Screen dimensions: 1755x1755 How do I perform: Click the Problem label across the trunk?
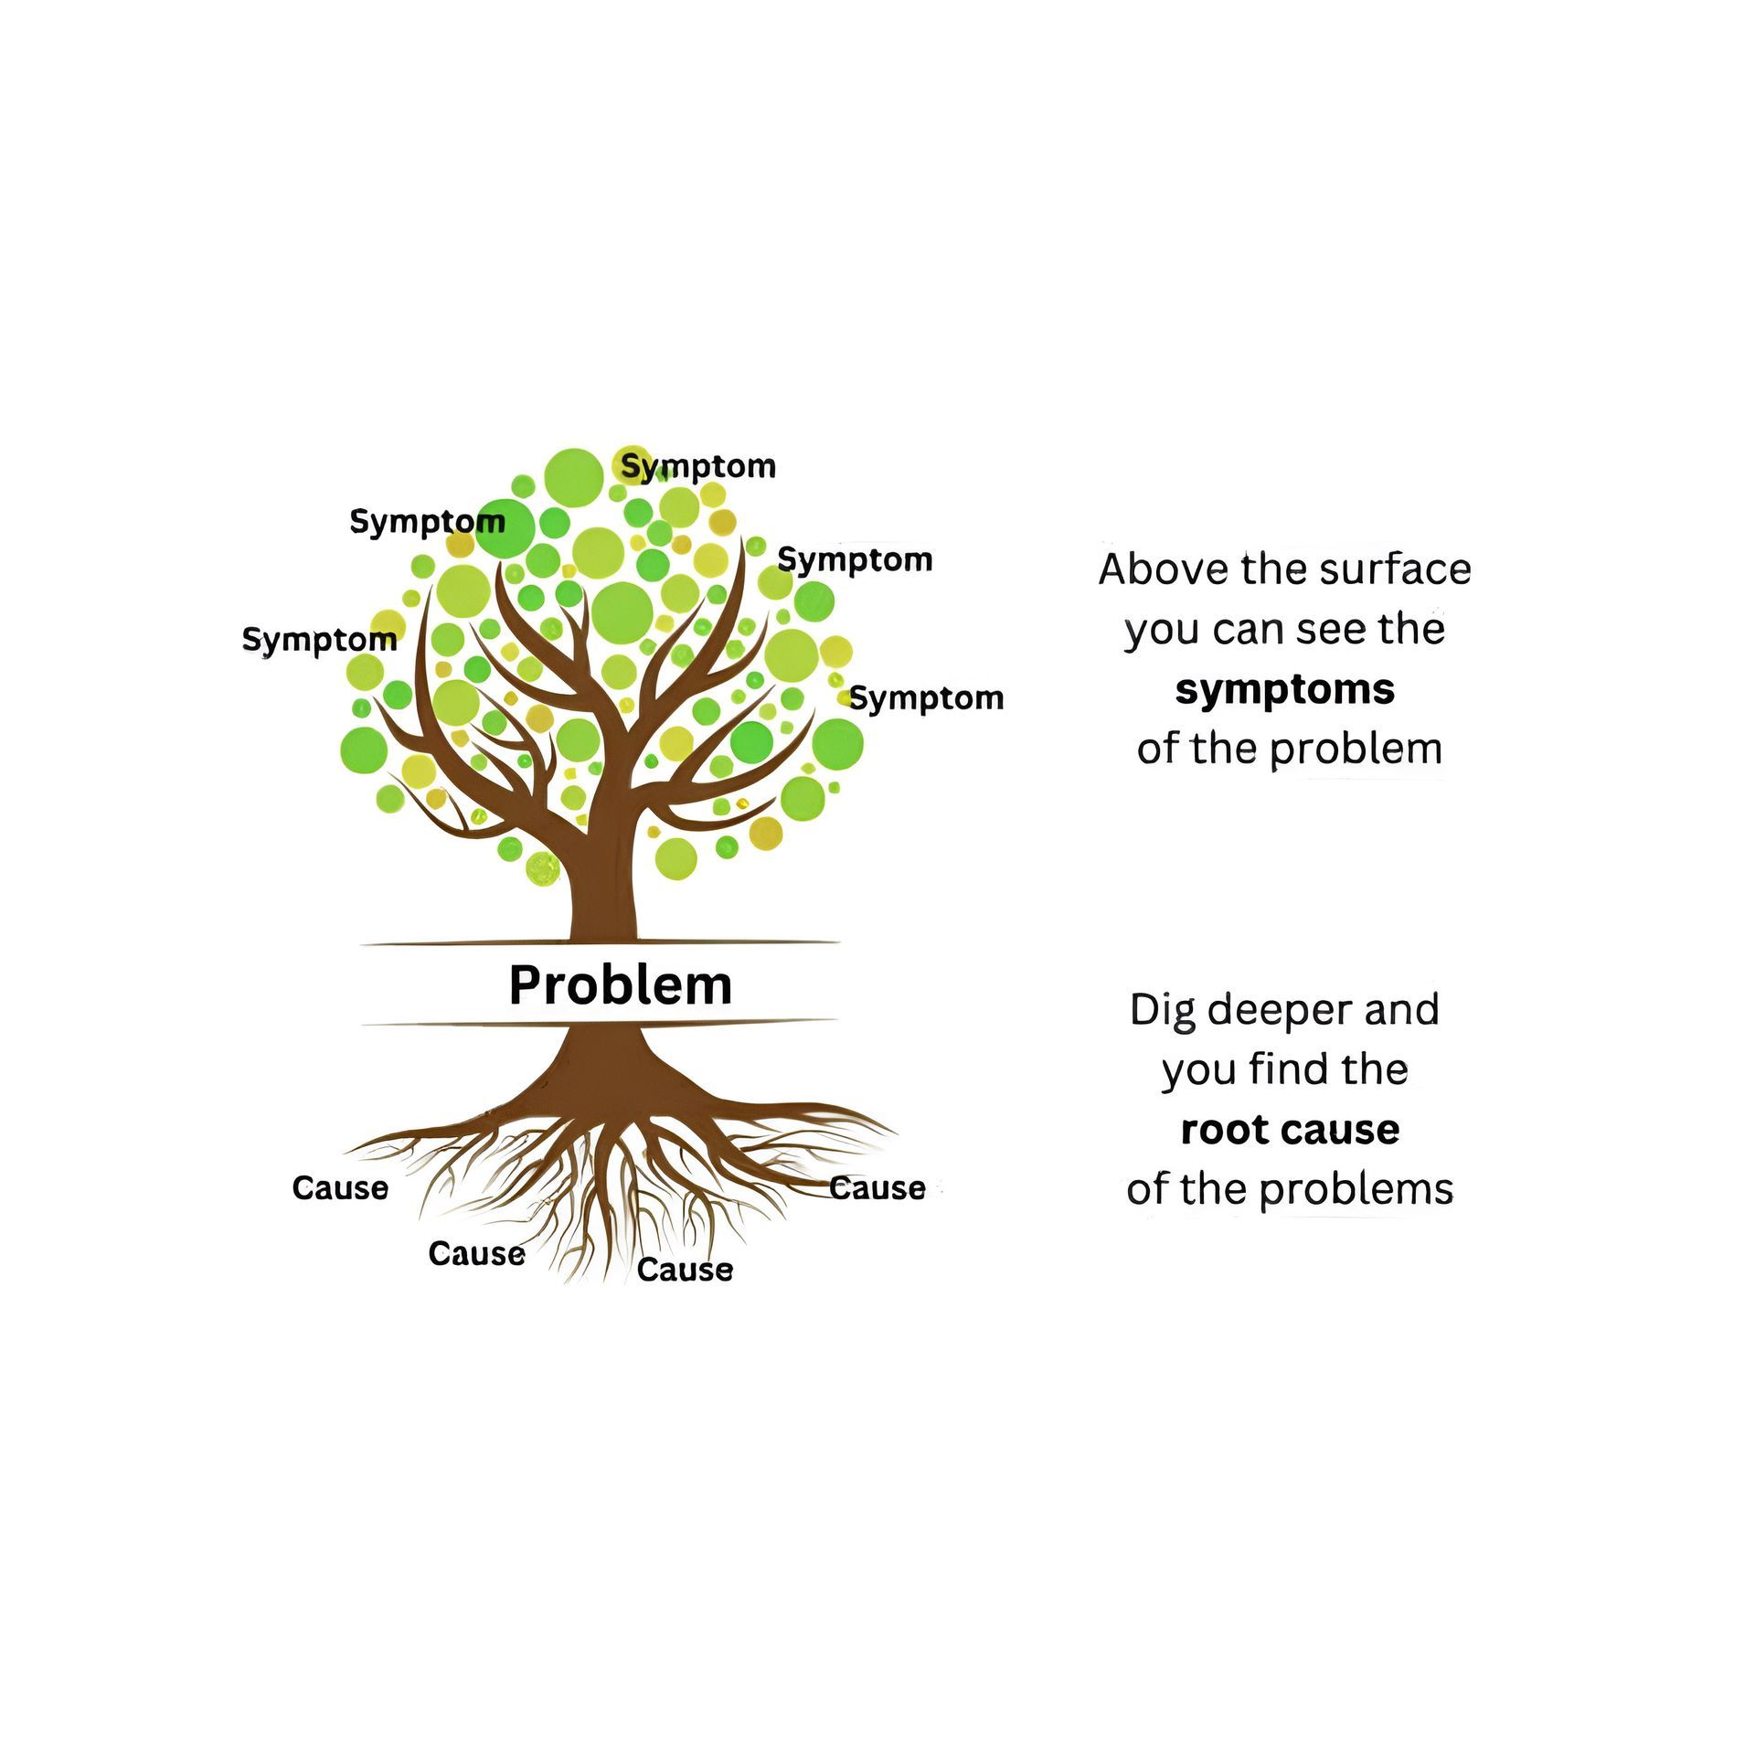click(x=620, y=984)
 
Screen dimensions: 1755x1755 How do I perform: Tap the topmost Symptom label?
click(x=698, y=466)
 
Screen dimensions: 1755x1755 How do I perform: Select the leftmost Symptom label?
click(x=319, y=639)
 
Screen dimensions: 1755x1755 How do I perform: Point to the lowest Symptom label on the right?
click(x=926, y=698)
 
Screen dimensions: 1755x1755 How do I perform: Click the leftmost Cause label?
click(x=340, y=1187)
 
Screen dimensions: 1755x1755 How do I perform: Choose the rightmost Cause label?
click(x=877, y=1187)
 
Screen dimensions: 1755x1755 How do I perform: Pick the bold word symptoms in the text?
click(x=1284, y=688)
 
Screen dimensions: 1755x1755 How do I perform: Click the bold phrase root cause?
click(x=1290, y=1129)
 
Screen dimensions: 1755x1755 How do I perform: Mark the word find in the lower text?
click(x=1285, y=1069)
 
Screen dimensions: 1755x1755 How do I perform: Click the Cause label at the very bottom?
click(x=685, y=1269)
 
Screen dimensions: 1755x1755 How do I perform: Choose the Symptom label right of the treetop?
click(x=855, y=559)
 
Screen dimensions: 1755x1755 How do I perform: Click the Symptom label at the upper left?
click(x=427, y=521)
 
